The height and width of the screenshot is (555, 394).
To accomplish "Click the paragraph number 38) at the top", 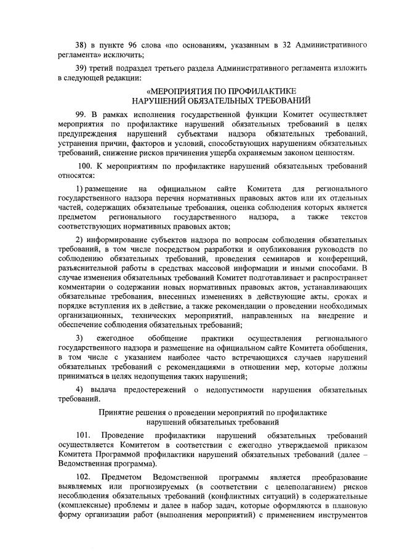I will point(81,46).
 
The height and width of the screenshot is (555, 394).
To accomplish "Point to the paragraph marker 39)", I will point(81,68).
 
